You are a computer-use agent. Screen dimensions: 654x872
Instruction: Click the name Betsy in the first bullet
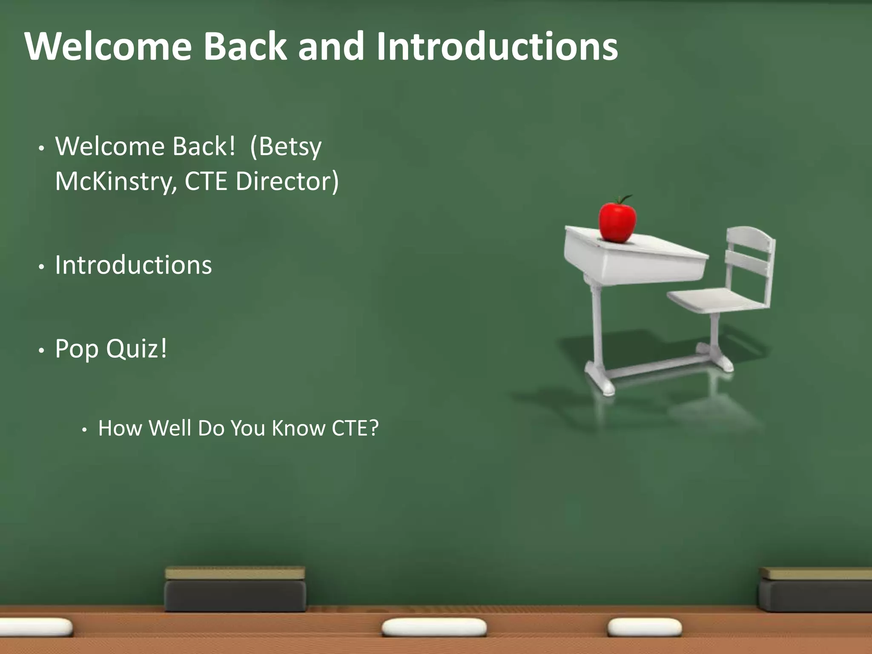(290, 147)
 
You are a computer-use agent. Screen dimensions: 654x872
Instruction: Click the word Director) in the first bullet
(287, 182)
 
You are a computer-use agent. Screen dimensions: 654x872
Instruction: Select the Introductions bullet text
(133, 265)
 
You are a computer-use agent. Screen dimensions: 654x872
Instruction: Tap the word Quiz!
(137, 349)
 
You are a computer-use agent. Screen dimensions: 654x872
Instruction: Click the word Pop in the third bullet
(77, 350)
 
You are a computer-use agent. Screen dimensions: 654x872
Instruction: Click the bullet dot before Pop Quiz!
(41, 351)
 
